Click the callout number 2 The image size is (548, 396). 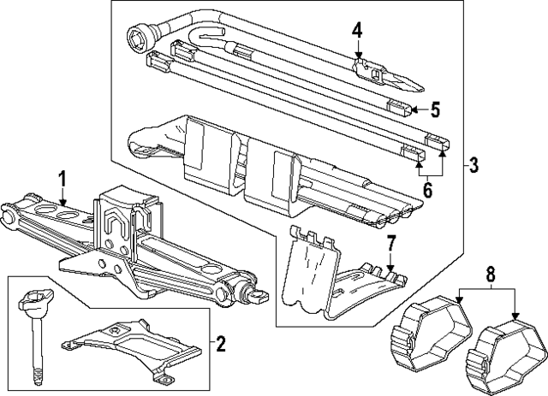(x=220, y=345)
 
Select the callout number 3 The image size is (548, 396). (x=474, y=165)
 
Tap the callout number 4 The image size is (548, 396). (x=357, y=31)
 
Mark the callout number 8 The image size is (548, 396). (x=490, y=276)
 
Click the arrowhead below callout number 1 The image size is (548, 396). (x=61, y=203)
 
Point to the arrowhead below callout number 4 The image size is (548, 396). (x=359, y=56)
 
